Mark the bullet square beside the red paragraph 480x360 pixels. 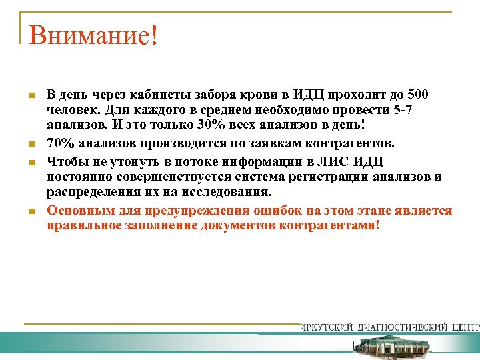pyautogui.click(x=31, y=211)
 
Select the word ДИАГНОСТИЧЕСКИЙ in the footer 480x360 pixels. pyautogui.click(x=403, y=327)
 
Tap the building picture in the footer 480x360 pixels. pyautogui.click(x=389, y=346)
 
